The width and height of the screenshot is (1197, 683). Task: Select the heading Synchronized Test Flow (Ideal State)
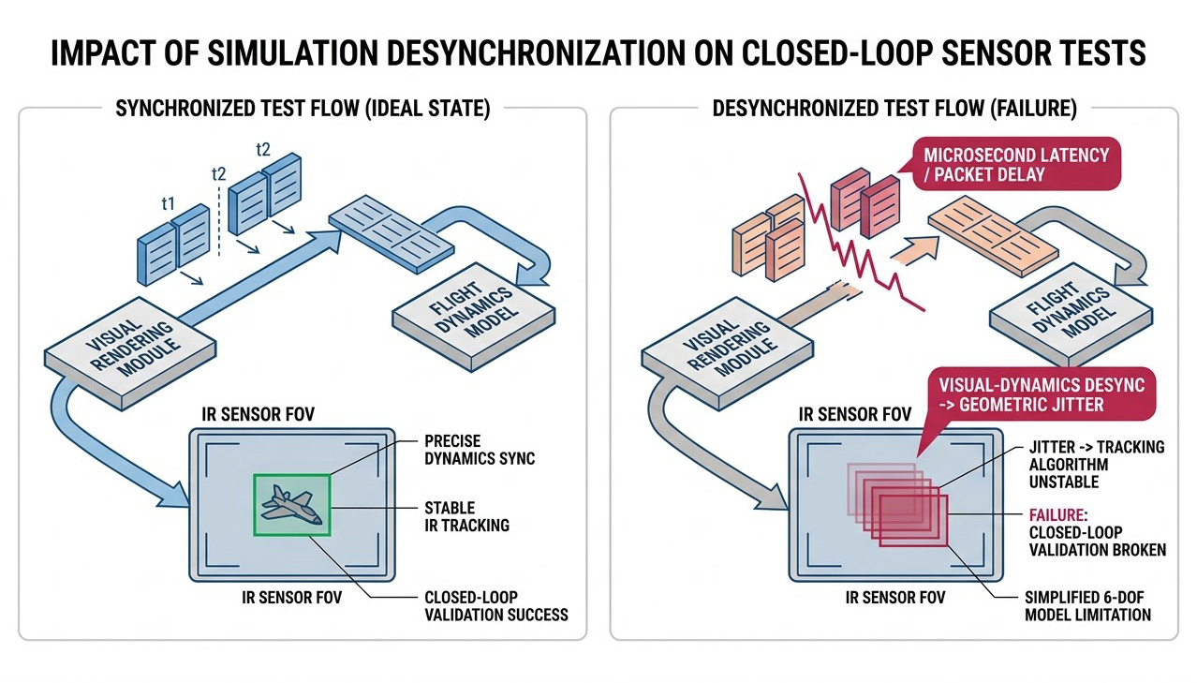pos(303,109)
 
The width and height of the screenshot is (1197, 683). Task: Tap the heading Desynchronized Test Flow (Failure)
pos(894,109)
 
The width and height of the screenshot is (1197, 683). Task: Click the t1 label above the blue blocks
pos(168,203)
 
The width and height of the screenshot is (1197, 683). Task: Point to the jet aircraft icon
pos(290,505)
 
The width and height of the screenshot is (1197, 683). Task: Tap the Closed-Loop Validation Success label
pos(495,605)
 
